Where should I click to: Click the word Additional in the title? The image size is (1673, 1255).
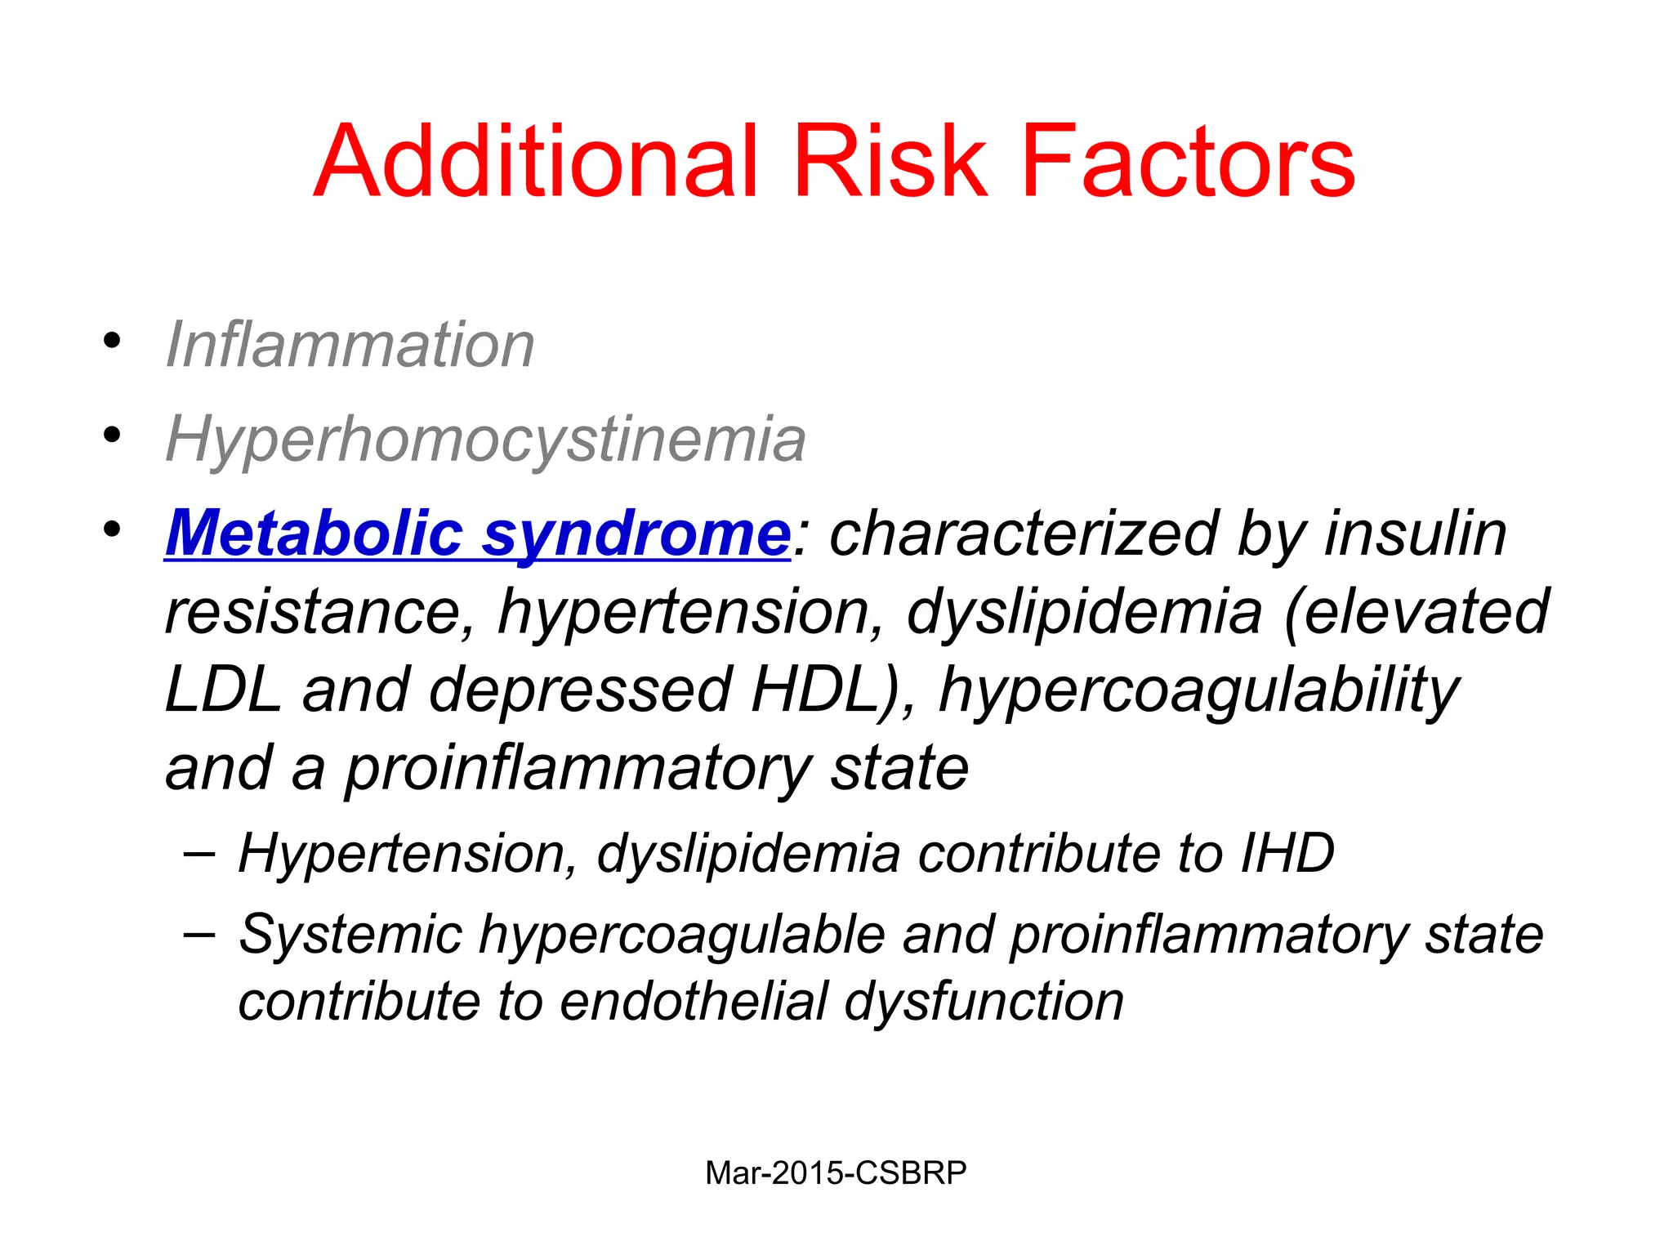pos(535,161)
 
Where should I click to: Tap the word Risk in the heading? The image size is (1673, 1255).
pos(889,161)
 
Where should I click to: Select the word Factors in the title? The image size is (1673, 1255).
pos(1188,161)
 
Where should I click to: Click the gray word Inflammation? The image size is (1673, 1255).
pos(350,345)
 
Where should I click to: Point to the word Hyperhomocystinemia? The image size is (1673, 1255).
pos(485,440)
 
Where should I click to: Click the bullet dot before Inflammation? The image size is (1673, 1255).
pos(112,340)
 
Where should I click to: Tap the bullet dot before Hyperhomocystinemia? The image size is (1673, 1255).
pos(112,435)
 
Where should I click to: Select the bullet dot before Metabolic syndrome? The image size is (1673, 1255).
pos(112,529)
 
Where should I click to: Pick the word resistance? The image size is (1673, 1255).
pos(319,613)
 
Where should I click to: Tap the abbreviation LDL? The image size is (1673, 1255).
pos(222,690)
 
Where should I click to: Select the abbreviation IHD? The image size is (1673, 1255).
pos(1287,853)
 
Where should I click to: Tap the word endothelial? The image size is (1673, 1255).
pos(694,1002)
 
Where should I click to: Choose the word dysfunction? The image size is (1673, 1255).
pos(984,1003)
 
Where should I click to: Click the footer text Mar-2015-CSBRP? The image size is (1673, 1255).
pos(836,1173)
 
